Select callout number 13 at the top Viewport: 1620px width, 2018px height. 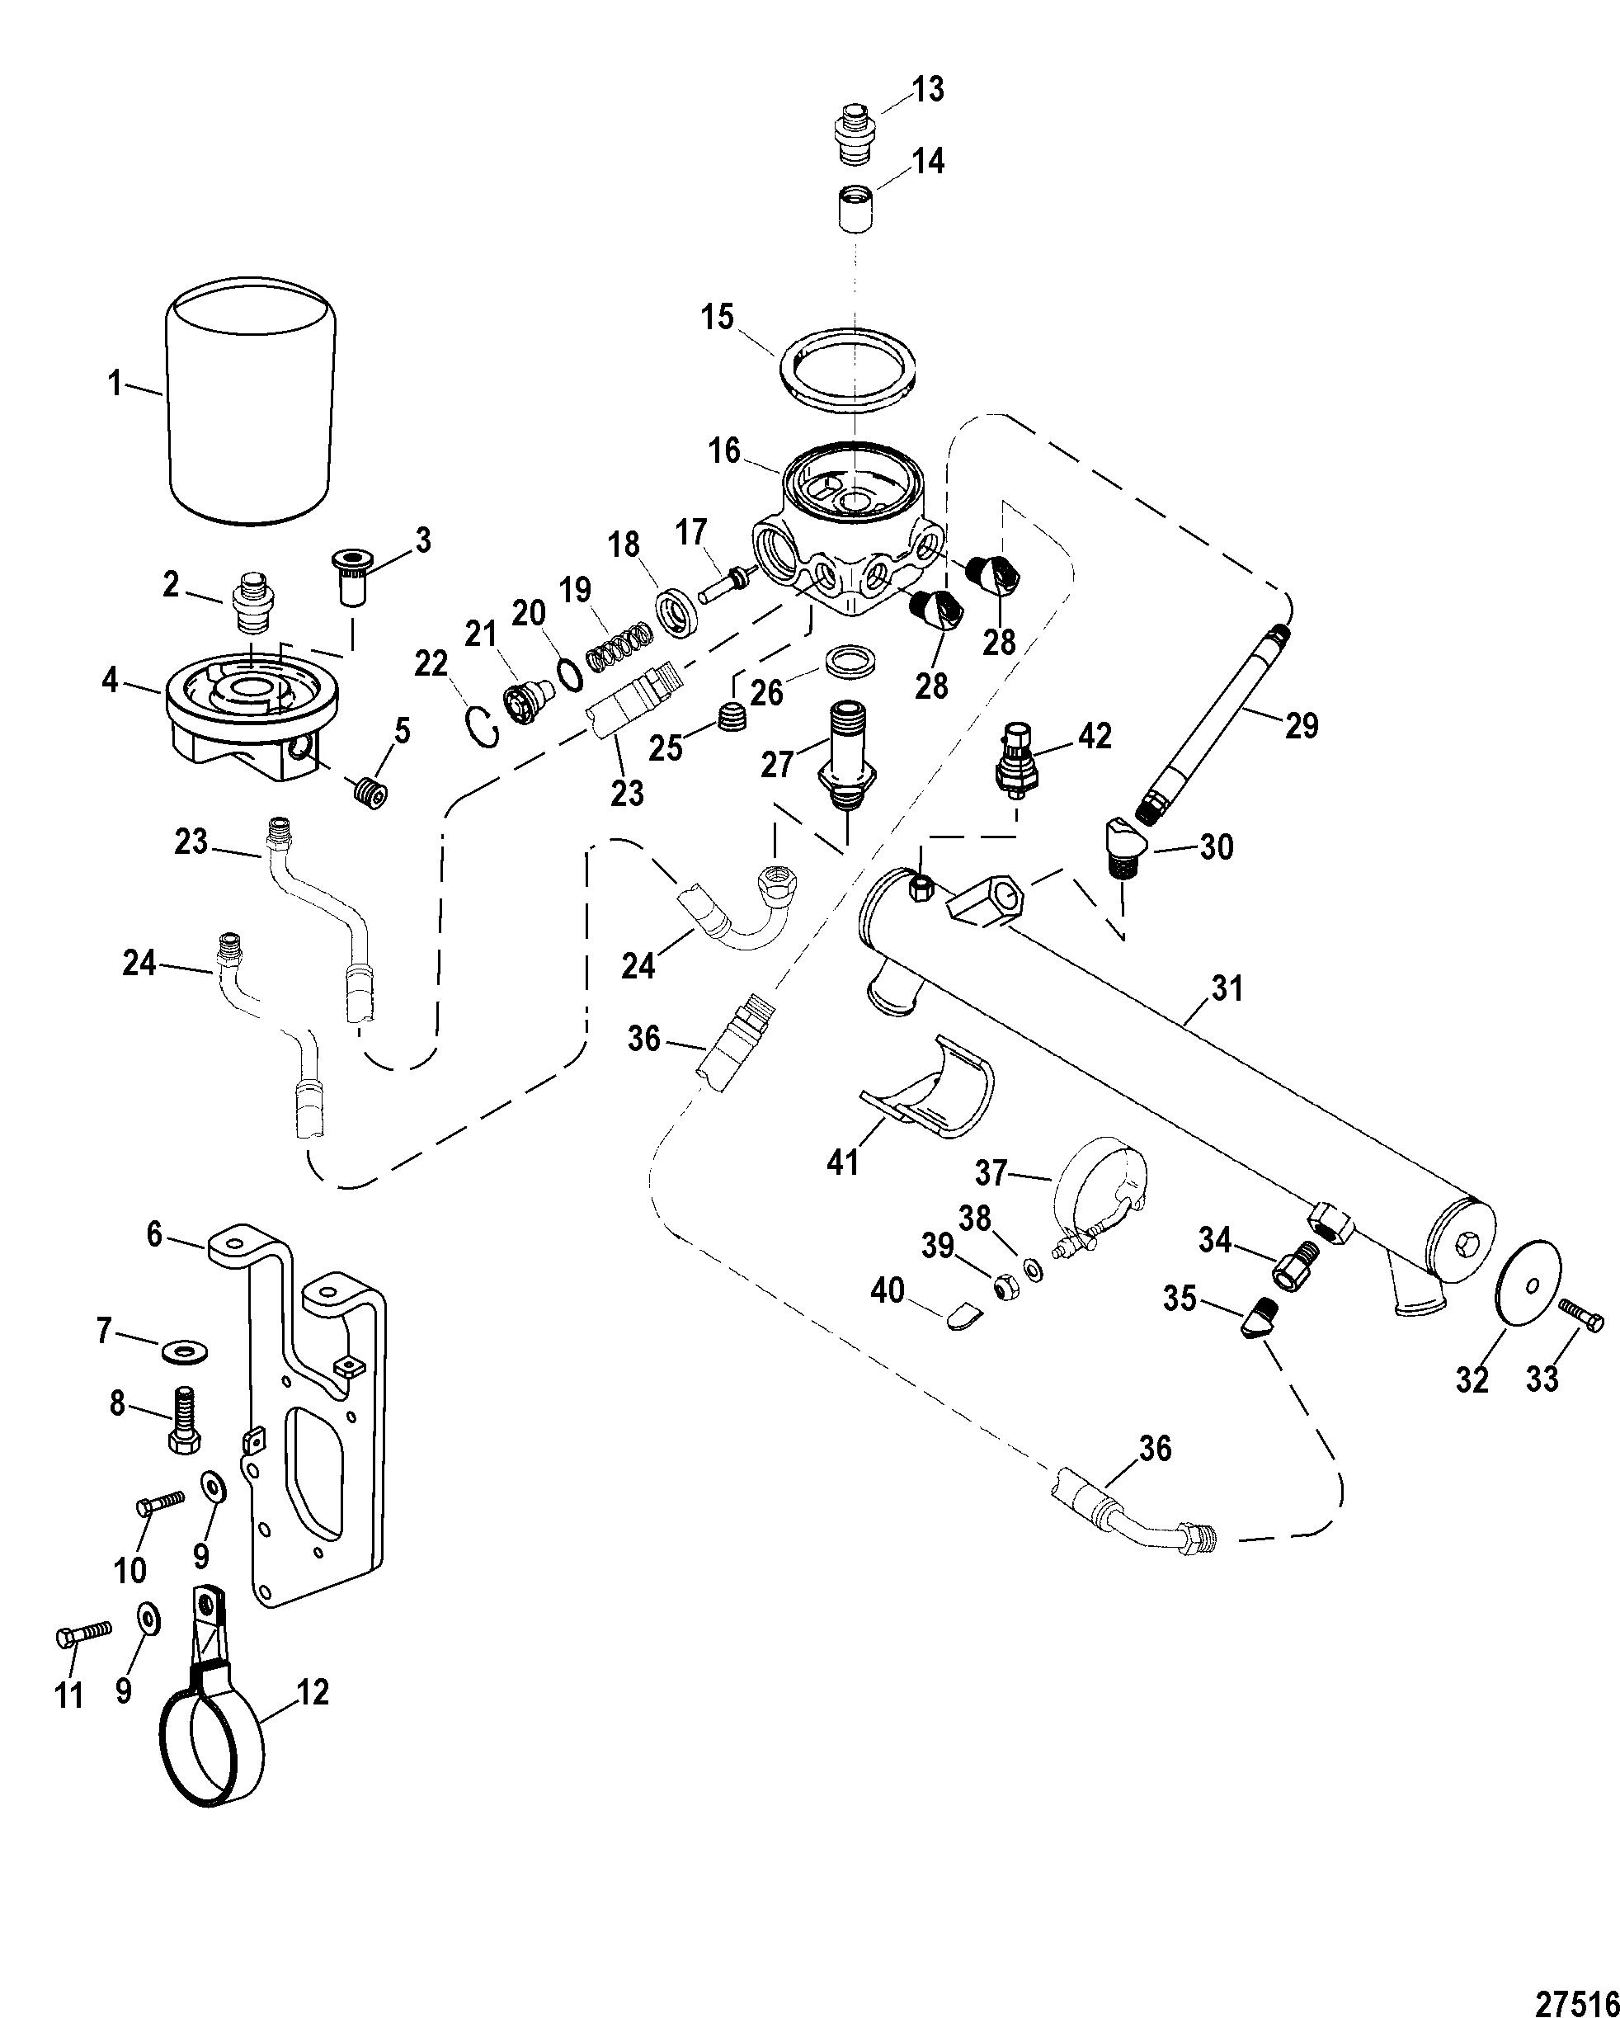[x=929, y=90]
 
